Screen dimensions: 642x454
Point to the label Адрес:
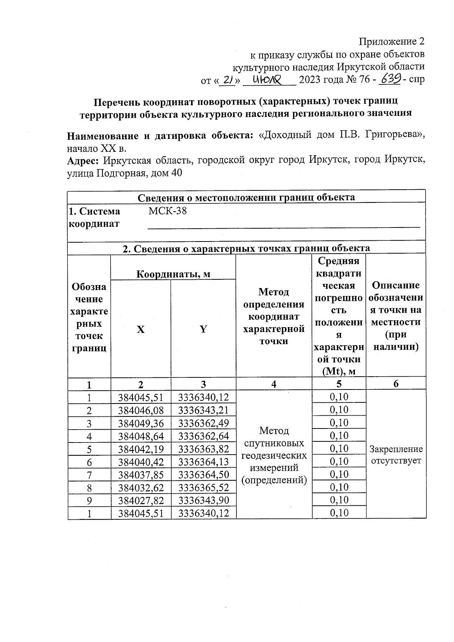[x=83, y=160]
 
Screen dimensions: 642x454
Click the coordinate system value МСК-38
[x=168, y=211]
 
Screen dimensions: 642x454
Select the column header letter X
[x=140, y=329]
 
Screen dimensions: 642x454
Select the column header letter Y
[x=203, y=329]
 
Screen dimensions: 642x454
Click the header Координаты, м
[x=173, y=274]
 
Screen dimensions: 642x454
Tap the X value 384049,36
[x=141, y=423]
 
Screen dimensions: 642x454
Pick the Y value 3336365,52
[x=204, y=488]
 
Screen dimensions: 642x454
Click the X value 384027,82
[x=141, y=500]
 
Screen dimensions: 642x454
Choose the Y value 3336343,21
[x=204, y=410]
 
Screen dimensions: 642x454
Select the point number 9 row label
[x=89, y=501]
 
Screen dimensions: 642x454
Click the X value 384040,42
[x=141, y=462]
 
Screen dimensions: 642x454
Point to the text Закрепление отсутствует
[x=396, y=455]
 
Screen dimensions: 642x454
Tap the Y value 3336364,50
[x=204, y=475]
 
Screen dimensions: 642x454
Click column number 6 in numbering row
[x=396, y=384]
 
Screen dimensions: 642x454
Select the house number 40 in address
[x=176, y=173]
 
